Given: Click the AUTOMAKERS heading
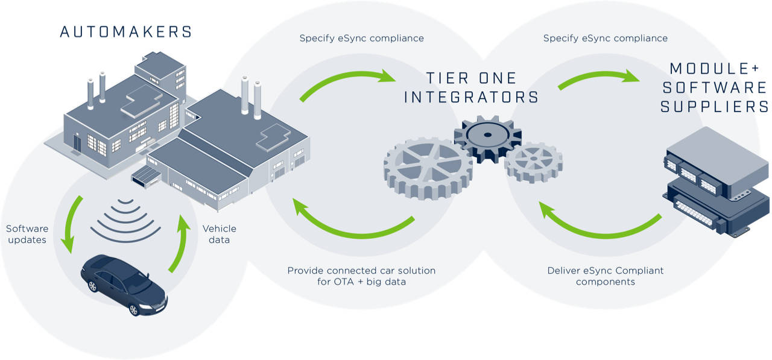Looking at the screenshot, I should pyautogui.click(x=126, y=31).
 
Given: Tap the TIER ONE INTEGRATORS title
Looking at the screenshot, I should pyautogui.click(x=471, y=87).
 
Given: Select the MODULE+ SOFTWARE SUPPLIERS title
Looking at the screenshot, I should pyautogui.click(x=715, y=87).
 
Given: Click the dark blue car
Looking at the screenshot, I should pyautogui.click(x=124, y=284).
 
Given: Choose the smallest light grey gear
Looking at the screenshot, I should pyautogui.click(x=533, y=162).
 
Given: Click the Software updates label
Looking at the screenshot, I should pyautogui.click(x=27, y=234).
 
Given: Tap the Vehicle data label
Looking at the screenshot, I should pyautogui.click(x=220, y=234).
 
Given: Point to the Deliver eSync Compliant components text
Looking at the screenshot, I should pyautogui.click(x=605, y=276).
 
